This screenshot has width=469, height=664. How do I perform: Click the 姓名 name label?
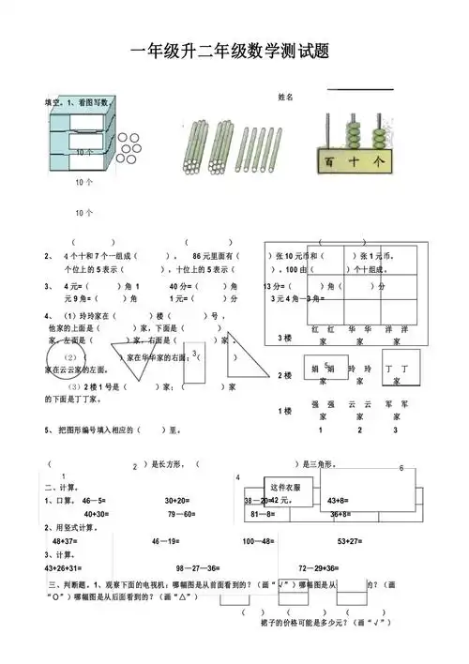click(286, 98)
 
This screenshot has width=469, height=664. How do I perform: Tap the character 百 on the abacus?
click(329, 162)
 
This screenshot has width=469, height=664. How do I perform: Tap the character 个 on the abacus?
click(378, 161)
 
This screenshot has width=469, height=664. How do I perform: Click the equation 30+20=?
click(179, 500)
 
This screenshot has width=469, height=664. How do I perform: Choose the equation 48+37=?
click(65, 541)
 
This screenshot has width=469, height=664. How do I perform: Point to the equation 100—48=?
click(258, 541)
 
